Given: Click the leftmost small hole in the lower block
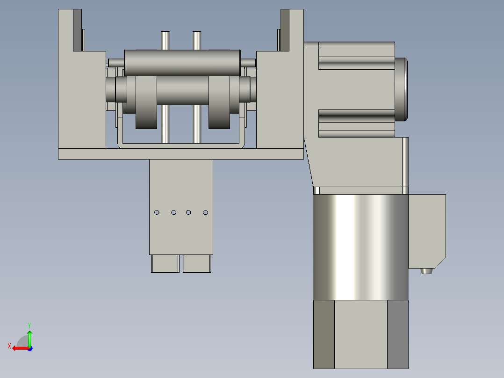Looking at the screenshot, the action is (x=157, y=212).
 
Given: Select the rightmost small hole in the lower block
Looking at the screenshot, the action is (x=205, y=212).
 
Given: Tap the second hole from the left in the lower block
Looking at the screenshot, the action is (x=173, y=212).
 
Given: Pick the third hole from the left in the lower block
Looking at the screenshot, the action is (x=188, y=212).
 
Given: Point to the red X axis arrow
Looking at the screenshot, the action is (x=21, y=349).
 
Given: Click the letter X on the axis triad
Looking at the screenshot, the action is (x=9, y=346).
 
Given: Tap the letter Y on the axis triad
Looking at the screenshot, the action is (x=29, y=325).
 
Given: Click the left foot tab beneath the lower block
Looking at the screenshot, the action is (x=165, y=264).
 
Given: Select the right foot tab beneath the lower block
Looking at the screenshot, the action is (x=197, y=264).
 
